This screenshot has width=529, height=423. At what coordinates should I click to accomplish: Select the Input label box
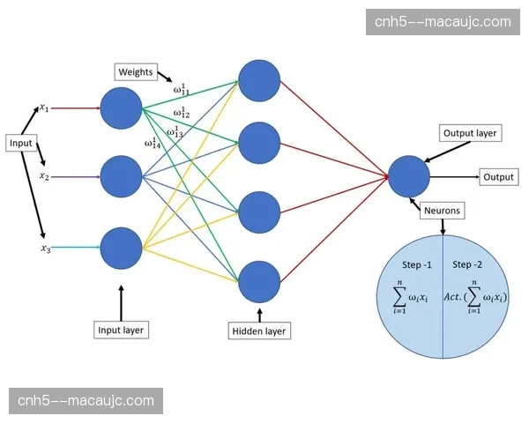pyautogui.click(x=21, y=143)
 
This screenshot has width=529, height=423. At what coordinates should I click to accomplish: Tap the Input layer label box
pyautogui.click(x=121, y=330)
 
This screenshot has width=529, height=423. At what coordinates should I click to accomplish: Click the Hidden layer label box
pyautogui.click(x=259, y=330)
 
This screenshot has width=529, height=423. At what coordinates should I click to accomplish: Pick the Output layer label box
pyautogui.click(x=470, y=134)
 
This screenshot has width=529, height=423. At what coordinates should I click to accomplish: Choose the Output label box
pyautogui.click(x=498, y=177)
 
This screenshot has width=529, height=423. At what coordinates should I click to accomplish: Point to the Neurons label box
pyautogui.click(x=442, y=211)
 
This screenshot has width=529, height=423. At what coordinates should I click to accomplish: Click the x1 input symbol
pyautogui.click(x=43, y=108)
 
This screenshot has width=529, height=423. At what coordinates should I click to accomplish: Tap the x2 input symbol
pyautogui.click(x=43, y=176)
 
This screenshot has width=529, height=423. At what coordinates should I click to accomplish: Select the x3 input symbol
pyautogui.click(x=43, y=249)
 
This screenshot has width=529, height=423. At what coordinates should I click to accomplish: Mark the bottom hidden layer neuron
pyautogui.click(x=259, y=282)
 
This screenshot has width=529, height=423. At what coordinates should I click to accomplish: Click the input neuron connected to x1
pyautogui.click(x=121, y=107)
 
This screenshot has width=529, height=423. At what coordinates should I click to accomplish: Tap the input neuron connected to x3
pyautogui.click(x=121, y=249)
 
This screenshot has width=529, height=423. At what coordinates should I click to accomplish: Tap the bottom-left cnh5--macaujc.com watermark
pyautogui.click(x=86, y=401)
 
